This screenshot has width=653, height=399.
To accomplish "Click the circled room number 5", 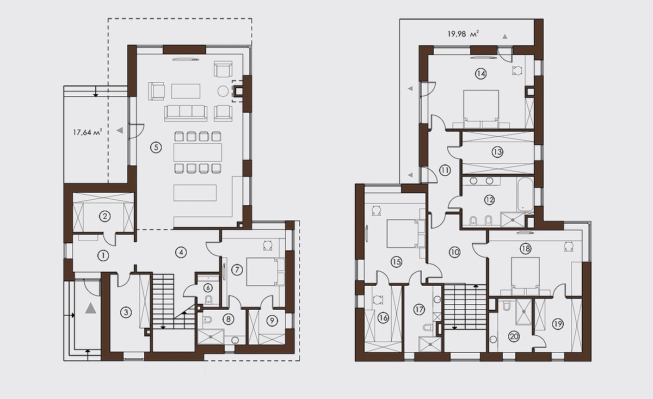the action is coord(156,148).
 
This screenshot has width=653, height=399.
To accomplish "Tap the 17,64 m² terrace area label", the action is coord(88,132).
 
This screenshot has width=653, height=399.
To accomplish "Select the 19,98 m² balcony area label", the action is coord(463,34).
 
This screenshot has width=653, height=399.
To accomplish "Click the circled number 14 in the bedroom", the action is coord(480,73).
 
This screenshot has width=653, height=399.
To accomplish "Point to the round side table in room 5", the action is coord(223,91).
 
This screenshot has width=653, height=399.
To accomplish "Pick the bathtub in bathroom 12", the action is coord(525,194).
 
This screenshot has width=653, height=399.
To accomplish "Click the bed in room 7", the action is coord(262,272).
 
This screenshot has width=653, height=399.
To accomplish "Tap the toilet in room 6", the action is coord(208,299).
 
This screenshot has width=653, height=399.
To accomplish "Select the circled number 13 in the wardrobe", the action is coord(497,152).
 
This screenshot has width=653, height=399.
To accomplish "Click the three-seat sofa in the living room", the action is coord(186,113).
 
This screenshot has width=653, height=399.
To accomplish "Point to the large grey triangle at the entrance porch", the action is coord(91,308).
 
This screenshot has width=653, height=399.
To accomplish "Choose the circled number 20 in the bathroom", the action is coord(514,336).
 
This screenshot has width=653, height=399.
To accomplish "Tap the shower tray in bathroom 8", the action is coord(211,337).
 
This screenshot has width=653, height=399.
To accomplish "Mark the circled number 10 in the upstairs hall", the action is coord(454,252).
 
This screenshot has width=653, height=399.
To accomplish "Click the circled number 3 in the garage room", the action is coord(126,312).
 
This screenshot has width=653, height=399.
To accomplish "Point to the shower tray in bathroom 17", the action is coord(430,345).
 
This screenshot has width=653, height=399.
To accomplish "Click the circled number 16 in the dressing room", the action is coord(383,318).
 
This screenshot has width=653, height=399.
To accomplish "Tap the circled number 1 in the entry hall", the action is coord(103,256).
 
